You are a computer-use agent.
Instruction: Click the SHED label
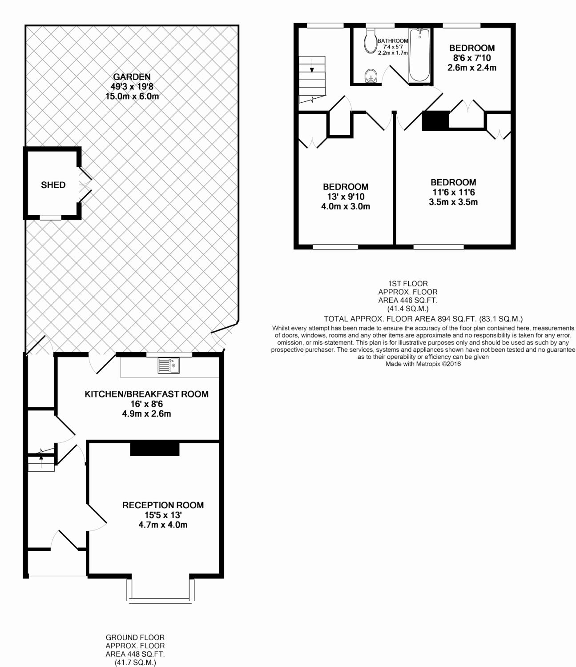tap(53, 185)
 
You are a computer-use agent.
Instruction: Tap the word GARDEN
tap(132, 77)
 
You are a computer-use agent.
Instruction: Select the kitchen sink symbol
tap(169, 366)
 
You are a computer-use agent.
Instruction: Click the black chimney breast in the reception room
tap(155, 449)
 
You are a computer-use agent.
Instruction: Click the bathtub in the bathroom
tap(419, 55)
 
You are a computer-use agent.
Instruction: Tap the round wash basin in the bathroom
tap(371, 76)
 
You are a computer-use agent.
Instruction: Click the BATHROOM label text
tap(393, 41)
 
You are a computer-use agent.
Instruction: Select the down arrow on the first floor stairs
tap(312, 66)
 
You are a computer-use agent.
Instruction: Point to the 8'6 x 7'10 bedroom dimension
tap(472, 58)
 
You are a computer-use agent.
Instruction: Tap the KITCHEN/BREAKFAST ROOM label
tap(147, 394)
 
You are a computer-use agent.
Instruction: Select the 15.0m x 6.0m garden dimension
tap(132, 96)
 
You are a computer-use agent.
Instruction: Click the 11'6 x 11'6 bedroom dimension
tap(454, 193)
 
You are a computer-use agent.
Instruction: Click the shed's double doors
tap(85, 185)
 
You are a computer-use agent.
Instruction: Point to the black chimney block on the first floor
tap(435, 121)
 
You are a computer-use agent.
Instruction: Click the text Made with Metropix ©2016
tap(423, 364)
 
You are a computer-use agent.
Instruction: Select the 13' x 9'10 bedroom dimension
tap(346, 197)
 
